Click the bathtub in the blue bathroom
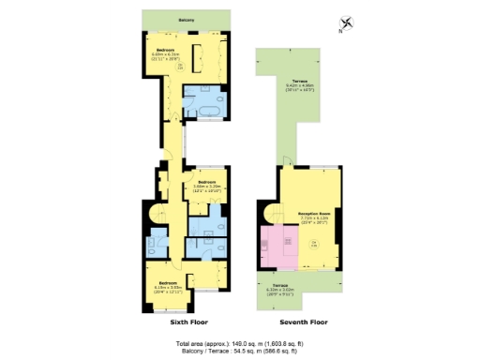[202, 112]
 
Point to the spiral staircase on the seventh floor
[269, 216]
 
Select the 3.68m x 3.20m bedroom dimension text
[206, 186]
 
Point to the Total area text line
[239, 343]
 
